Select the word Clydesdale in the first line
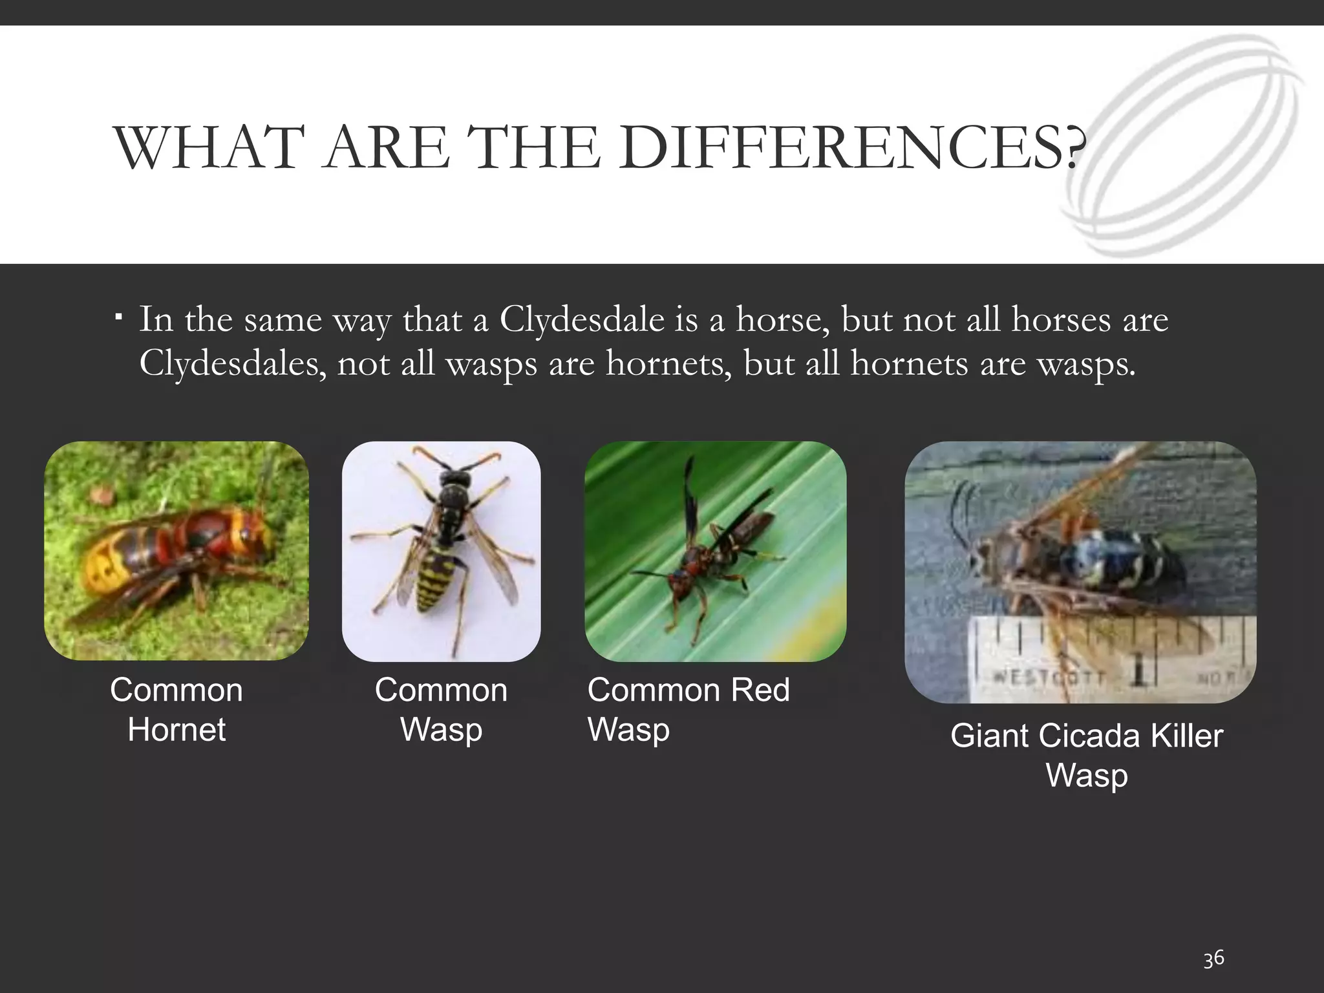[x=581, y=319]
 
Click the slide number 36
[x=1213, y=958]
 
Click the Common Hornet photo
[x=176, y=551]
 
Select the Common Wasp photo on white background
[x=441, y=551]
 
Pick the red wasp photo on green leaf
[x=715, y=551]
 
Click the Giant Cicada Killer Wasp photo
[x=1080, y=571]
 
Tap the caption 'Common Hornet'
[x=176, y=709]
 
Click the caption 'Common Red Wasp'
[x=688, y=709]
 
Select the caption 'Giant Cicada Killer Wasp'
[x=1086, y=754]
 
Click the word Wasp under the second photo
[x=441, y=729]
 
